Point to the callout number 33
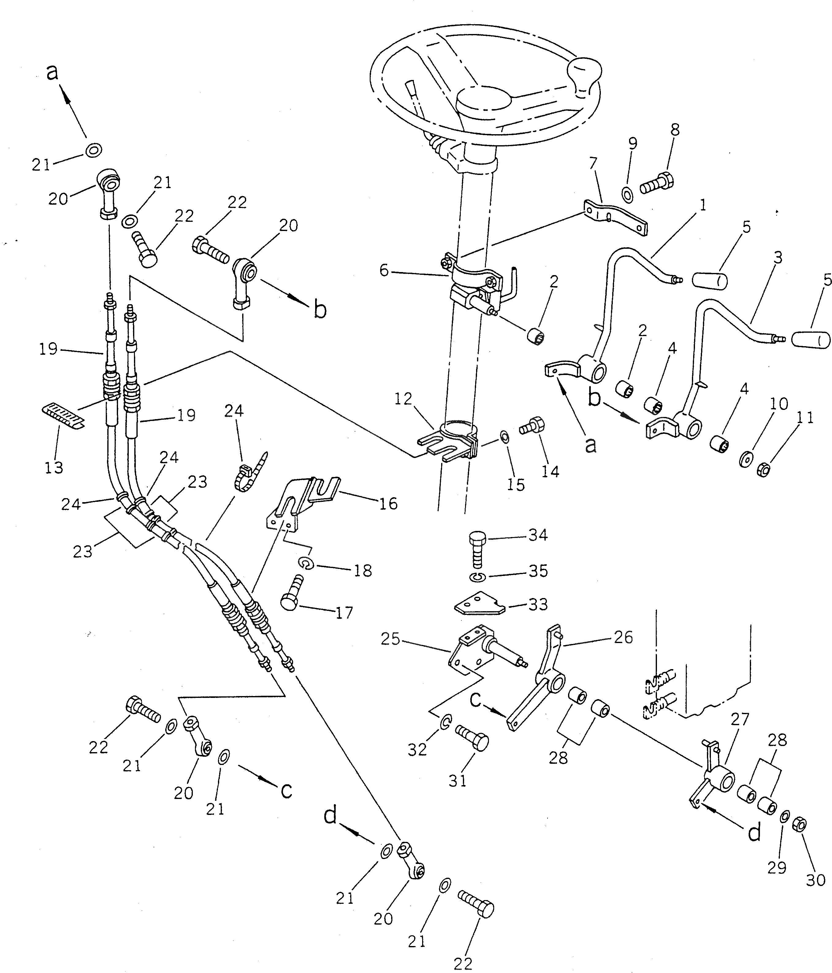(x=538, y=604)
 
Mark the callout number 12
(x=403, y=399)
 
